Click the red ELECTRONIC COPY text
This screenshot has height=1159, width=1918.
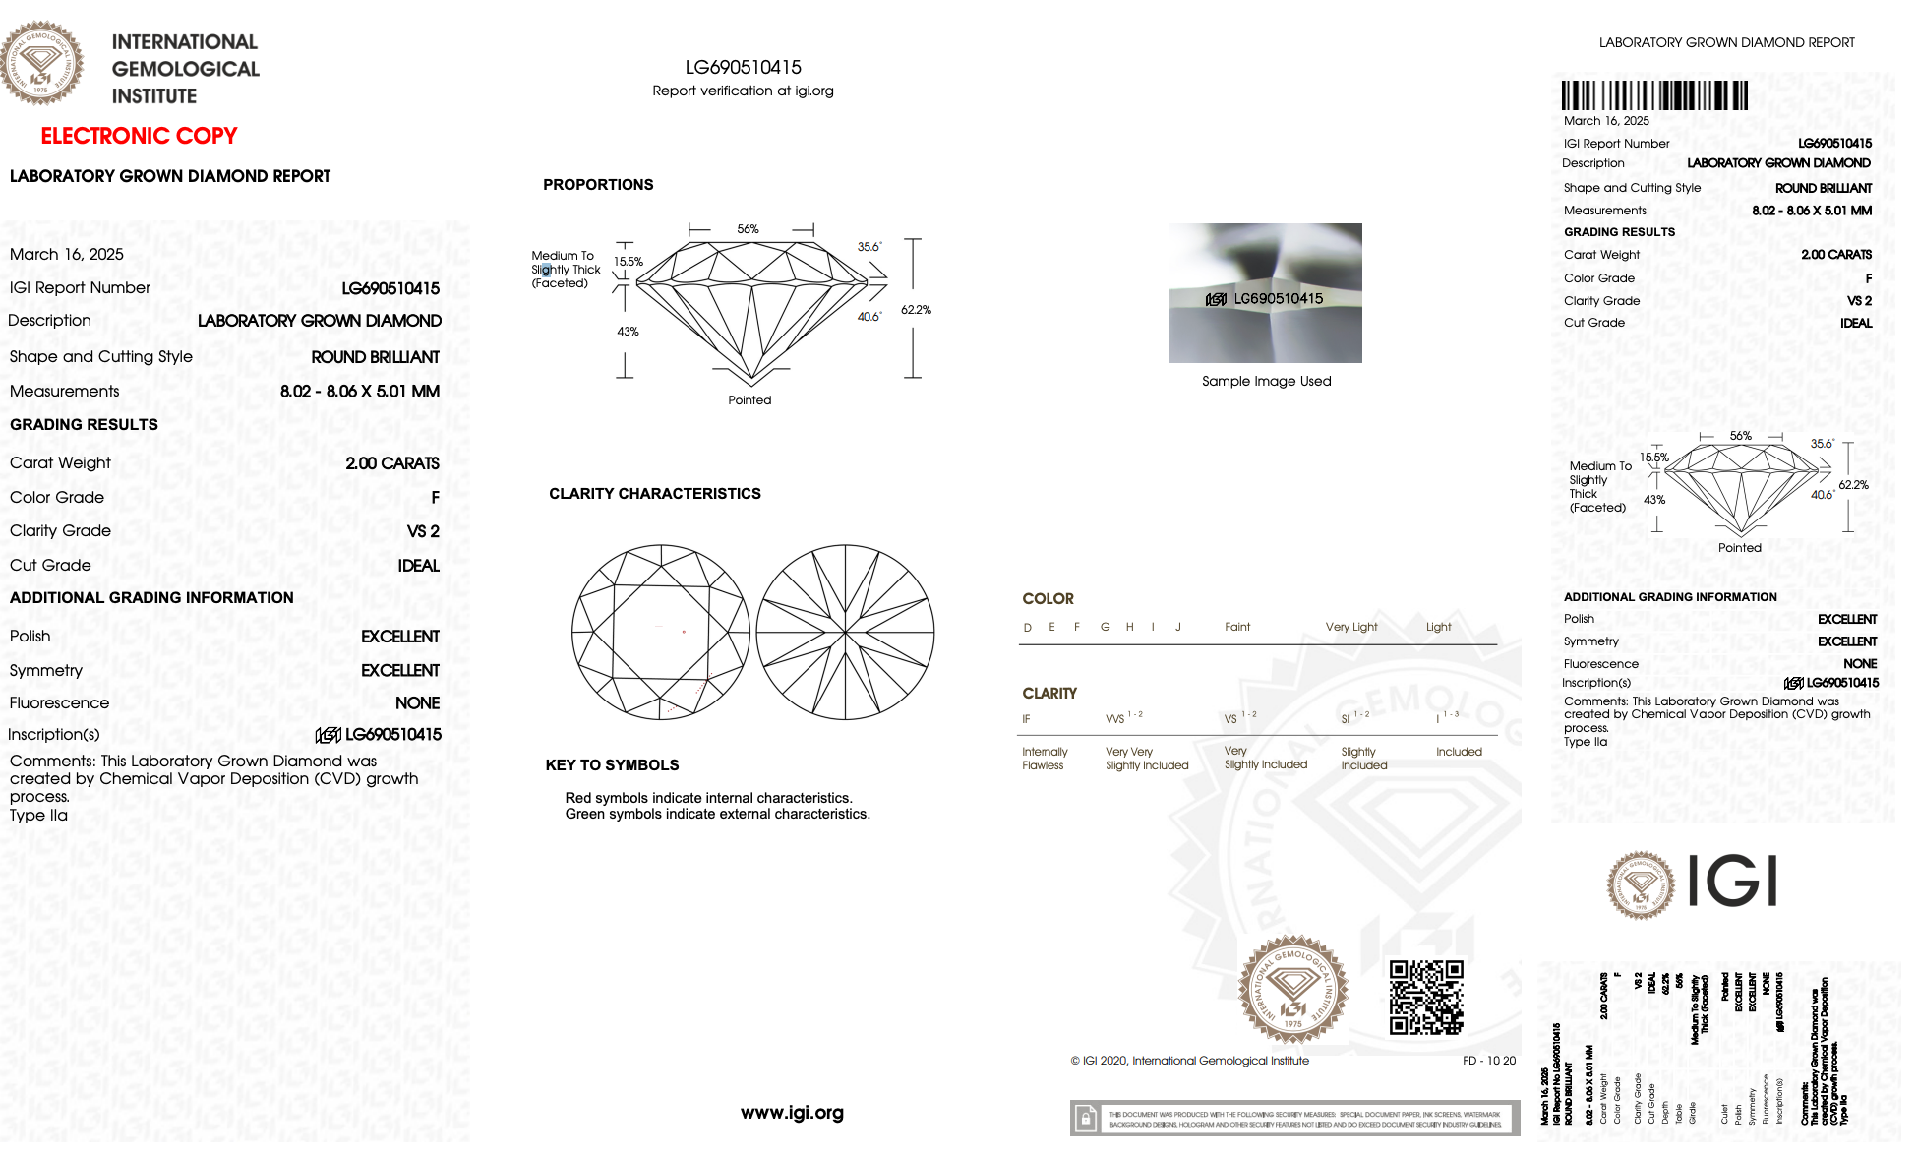(139, 136)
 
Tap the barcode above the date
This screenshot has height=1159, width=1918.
(1654, 95)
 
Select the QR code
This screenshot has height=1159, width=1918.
(1425, 997)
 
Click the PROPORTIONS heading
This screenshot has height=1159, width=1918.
(598, 185)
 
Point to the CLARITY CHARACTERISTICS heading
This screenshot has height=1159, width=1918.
(654, 494)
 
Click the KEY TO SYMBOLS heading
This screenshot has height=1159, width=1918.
(612, 765)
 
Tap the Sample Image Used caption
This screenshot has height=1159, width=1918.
(1266, 382)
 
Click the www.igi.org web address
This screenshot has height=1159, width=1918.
(792, 1113)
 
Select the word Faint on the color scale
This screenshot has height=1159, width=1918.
(1237, 627)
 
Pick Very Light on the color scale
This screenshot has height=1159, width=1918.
(1350, 627)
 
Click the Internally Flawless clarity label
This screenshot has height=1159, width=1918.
(1044, 759)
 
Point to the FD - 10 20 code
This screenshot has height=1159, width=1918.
(1488, 1061)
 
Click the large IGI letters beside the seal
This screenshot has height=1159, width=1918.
(1732, 881)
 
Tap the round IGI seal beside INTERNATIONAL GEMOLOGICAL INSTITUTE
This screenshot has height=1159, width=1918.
(41, 63)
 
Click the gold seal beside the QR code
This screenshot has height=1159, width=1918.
(1292, 989)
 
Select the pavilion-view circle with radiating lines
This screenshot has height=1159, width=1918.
(845, 632)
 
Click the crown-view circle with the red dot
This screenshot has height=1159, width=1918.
(661, 632)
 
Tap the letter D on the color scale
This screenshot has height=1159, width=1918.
(1027, 628)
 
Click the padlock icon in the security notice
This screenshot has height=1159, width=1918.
(1085, 1119)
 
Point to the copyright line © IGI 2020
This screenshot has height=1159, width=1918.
(1189, 1061)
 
